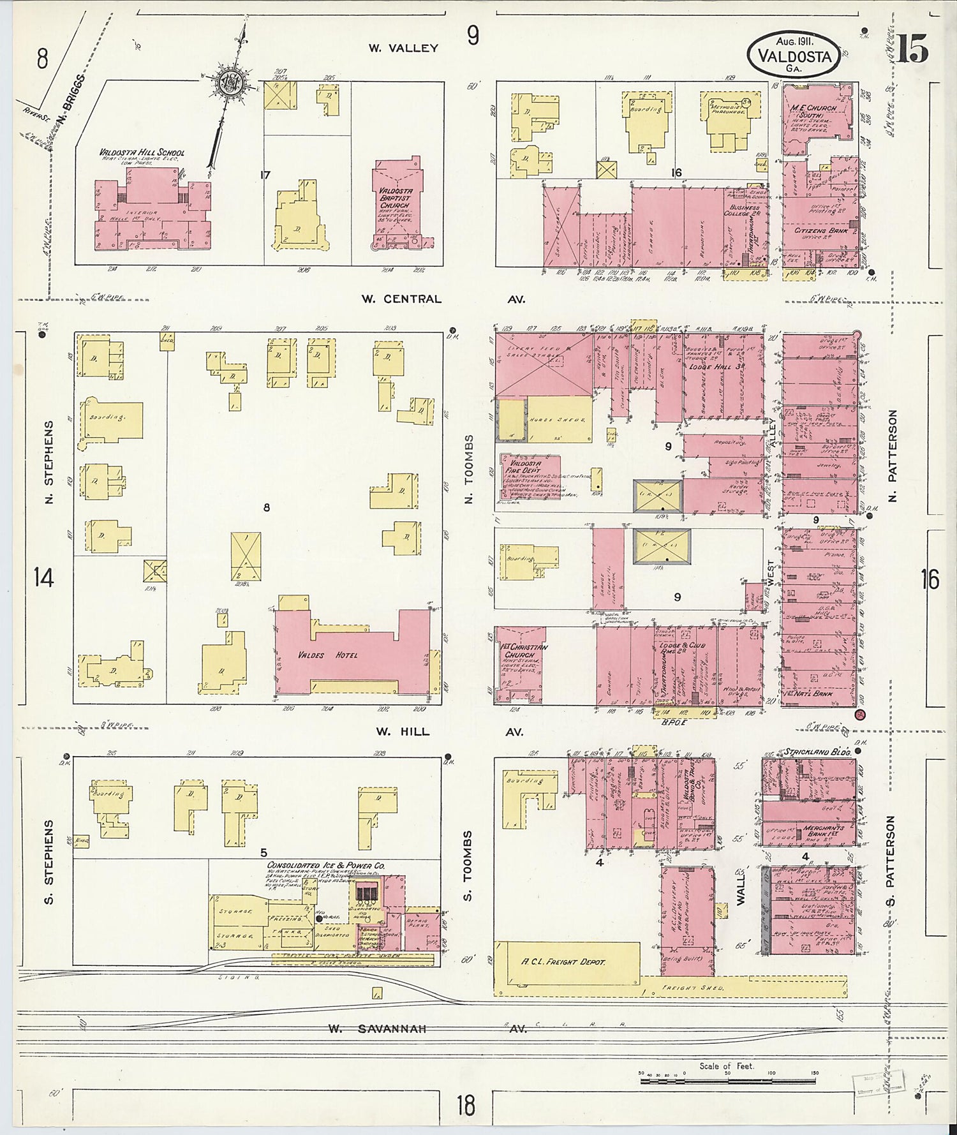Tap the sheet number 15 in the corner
912,50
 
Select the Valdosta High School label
141,153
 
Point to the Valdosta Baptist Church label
396,198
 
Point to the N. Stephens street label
49,462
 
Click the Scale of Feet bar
727,1081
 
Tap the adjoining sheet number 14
43,578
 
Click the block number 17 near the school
265,174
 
